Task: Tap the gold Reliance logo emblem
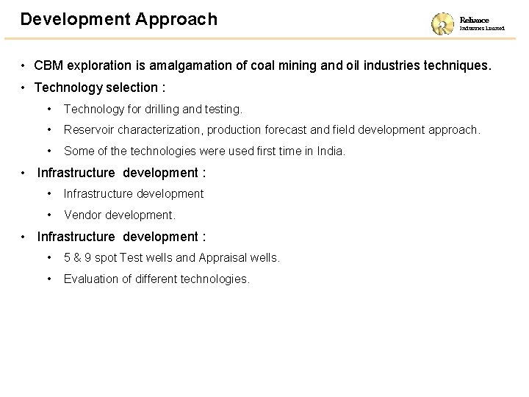(x=443, y=23)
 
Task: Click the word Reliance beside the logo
(x=474, y=20)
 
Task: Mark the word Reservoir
(x=92, y=130)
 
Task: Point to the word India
(x=328, y=151)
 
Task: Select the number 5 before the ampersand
(x=68, y=258)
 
